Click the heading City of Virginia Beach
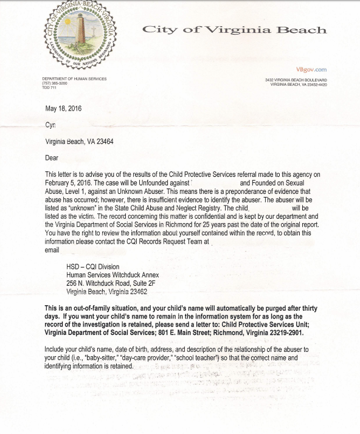pyautogui.click(x=234, y=30)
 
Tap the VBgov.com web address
pyautogui.click(x=311, y=70)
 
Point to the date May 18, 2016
pyautogui.click(x=63, y=109)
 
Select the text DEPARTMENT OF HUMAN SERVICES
pyautogui.click(x=74, y=79)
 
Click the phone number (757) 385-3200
pyautogui.click(x=55, y=83)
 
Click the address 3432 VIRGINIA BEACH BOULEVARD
pyautogui.click(x=296, y=80)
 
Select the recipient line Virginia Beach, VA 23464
pyautogui.click(x=79, y=142)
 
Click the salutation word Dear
pyautogui.click(x=52, y=158)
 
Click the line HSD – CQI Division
pyautogui.click(x=93, y=267)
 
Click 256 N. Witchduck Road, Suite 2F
pyautogui.click(x=111, y=283)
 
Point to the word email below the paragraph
pyautogui.click(x=52, y=250)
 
